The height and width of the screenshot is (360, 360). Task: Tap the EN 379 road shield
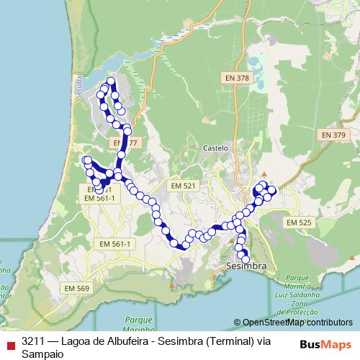click(333, 135)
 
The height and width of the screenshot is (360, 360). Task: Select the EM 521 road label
click(183, 186)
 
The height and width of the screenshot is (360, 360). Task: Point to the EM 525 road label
click(298, 223)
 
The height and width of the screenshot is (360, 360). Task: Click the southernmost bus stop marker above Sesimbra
click(246, 259)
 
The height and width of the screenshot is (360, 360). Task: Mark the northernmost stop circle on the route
click(111, 81)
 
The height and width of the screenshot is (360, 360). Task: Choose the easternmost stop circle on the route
click(272, 189)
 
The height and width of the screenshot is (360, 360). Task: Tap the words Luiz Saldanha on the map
click(300, 296)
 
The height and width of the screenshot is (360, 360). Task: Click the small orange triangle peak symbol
click(264, 175)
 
